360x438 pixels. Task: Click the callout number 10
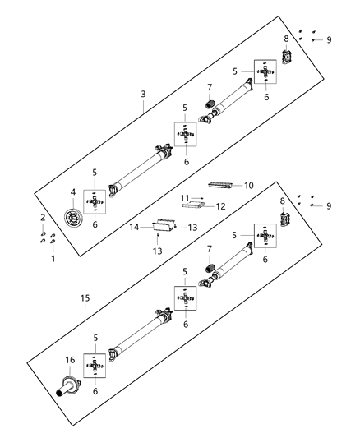pos(249,186)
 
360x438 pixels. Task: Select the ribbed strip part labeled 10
pos(220,186)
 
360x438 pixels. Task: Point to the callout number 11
pos(185,197)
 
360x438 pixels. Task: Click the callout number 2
pos(44,217)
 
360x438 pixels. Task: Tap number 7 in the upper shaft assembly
pos(209,88)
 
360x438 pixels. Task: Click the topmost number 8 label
pos(286,39)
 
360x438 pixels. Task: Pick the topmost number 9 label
pos(330,39)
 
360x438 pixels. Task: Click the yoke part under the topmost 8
pos(288,58)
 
